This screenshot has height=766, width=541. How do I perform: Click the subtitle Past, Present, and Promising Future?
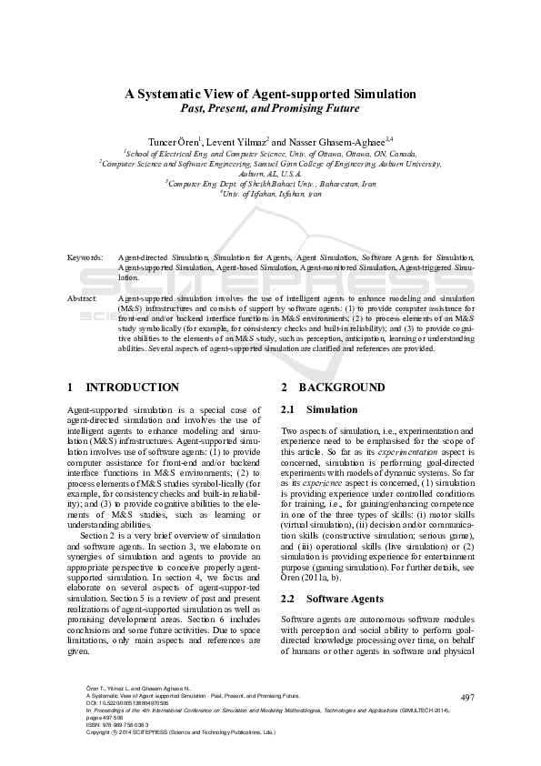270,107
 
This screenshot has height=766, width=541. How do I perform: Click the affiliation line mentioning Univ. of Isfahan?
271,194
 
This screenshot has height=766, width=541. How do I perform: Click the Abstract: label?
84,297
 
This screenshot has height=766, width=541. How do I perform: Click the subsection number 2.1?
289,409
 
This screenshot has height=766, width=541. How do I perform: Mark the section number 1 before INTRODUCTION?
71,388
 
